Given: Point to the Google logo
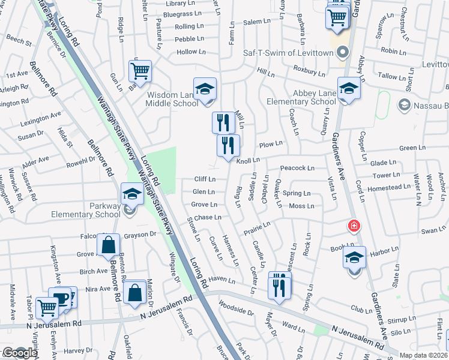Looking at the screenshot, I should pos(20,353).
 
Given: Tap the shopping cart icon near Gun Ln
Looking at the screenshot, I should pos(140,71).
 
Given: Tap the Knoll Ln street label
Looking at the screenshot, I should pos(248,160).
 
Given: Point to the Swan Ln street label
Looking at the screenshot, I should pos(430,230).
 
